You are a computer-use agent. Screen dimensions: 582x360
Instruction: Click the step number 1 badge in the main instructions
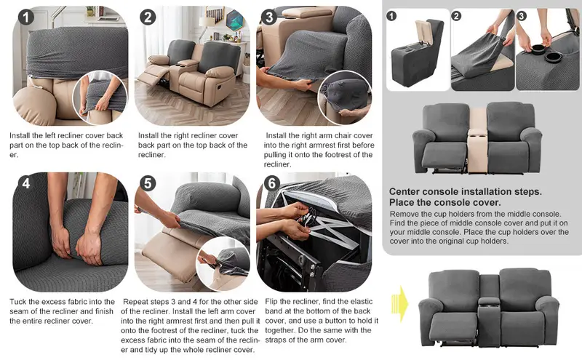tap(26, 17)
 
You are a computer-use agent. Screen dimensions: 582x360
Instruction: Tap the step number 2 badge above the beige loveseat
tap(148, 17)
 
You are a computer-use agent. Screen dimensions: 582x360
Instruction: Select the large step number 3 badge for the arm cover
tap(269, 17)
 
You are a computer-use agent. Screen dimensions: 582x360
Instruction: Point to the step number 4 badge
tap(26, 183)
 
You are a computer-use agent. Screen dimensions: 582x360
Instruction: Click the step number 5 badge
tap(148, 183)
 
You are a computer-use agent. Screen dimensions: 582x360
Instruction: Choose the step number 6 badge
tap(271, 183)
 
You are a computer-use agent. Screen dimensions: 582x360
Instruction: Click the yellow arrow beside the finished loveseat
tap(399, 304)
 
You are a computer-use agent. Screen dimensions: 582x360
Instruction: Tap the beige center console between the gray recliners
tap(478, 141)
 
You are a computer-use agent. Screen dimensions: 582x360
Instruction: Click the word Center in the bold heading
tap(405, 192)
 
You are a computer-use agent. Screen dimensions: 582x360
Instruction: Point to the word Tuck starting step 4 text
tap(18, 302)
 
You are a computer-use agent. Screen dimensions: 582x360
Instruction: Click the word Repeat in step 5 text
tap(135, 302)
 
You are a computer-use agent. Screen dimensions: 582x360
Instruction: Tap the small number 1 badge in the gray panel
tap(391, 16)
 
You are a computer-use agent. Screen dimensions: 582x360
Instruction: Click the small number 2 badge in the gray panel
tap(456, 16)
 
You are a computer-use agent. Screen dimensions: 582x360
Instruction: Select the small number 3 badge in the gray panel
tap(521, 16)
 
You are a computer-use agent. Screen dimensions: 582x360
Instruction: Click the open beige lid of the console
tap(423, 33)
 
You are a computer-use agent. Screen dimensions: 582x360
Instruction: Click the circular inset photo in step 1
tap(100, 97)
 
